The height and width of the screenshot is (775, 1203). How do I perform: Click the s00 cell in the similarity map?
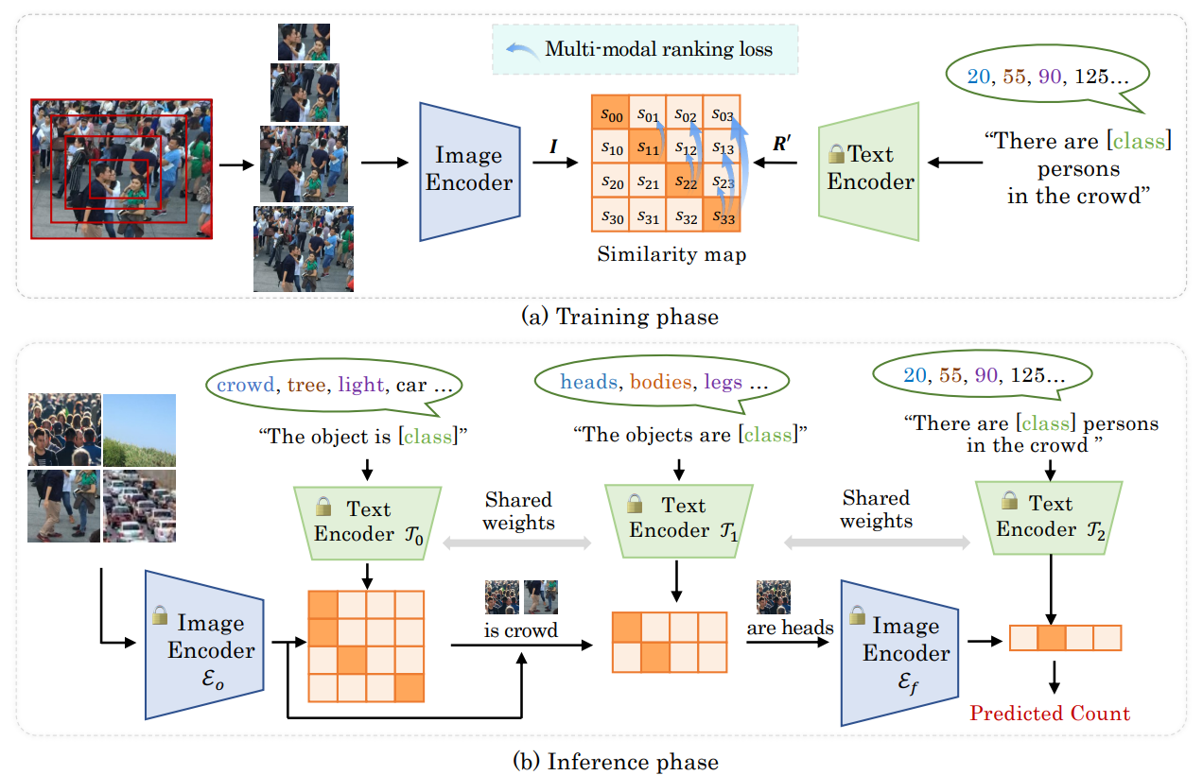click(x=610, y=114)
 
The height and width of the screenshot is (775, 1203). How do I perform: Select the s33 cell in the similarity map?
click(x=722, y=216)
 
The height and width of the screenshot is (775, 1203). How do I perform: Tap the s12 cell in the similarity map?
click(x=685, y=148)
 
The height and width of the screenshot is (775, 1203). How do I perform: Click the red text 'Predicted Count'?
click(x=1050, y=713)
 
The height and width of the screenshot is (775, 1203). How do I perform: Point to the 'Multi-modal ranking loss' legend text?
click(x=658, y=48)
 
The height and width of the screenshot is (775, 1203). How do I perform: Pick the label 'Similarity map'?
click(x=664, y=254)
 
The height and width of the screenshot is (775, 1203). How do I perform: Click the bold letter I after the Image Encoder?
click(x=553, y=146)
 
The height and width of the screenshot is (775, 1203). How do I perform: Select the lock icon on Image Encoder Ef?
click(x=858, y=616)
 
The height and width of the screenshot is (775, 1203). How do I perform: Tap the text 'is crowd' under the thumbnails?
click(x=520, y=629)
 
